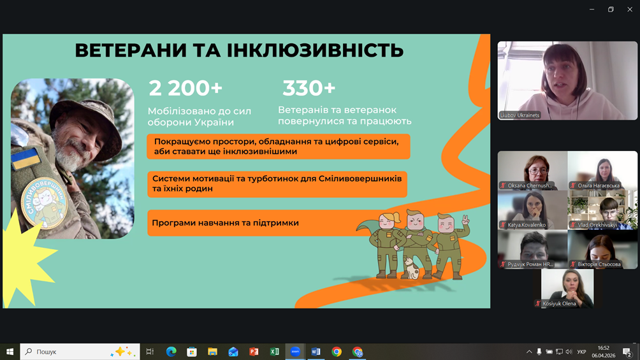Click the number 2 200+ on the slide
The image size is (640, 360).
coord(185,88)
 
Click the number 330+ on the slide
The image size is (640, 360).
coord(309,88)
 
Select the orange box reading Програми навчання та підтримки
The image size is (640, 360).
coord(253,223)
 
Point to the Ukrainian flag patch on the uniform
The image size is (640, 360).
coord(25,159)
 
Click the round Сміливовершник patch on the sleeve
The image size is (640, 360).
coord(45,203)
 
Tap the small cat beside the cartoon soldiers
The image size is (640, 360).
coord(411,269)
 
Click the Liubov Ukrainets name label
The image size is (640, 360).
coord(520,115)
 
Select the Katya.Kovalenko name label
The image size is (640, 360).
coord(527,225)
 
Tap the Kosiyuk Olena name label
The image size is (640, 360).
coord(559,303)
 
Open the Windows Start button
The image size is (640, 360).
coord(10,352)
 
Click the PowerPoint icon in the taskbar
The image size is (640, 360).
coord(254,352)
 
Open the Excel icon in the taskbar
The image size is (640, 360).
coord(274,352)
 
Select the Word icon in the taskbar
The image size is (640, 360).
coord(316,352)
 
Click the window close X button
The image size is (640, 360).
coord(630,10)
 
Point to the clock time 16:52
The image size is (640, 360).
coord(603,348)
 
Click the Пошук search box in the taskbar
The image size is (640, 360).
coord(80,352)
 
